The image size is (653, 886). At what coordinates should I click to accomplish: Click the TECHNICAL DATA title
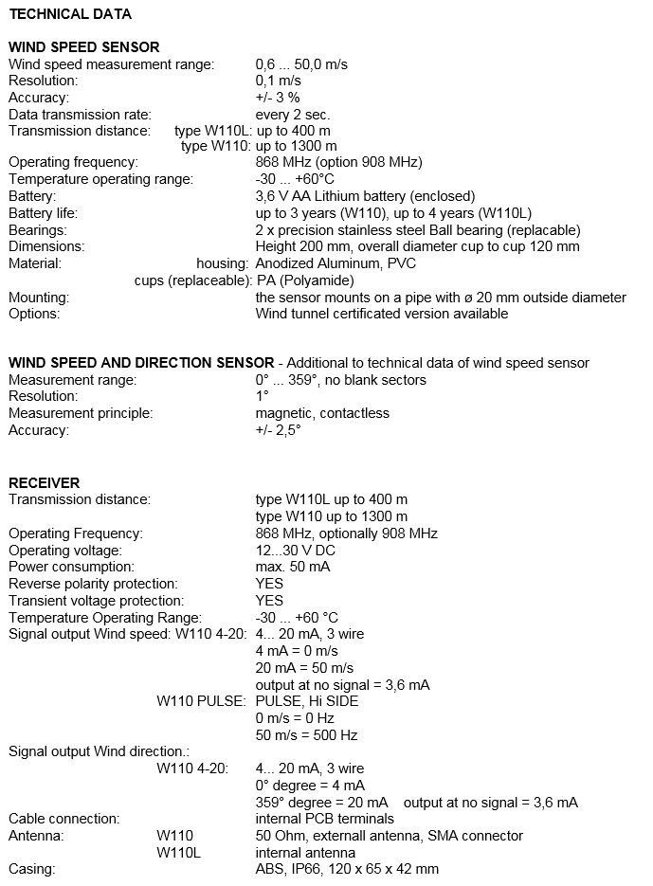click(70, 14)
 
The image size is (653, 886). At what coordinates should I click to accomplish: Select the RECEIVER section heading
click(45, 482)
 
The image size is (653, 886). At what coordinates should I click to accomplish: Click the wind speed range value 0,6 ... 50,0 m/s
click(301, 63)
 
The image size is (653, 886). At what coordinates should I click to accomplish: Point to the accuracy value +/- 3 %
click(278, 97)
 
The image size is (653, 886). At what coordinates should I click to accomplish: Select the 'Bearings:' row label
click(37, 230)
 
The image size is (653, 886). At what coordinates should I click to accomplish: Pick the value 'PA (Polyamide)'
click(305, 280)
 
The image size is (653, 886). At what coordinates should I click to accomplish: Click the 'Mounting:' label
click(39, 298)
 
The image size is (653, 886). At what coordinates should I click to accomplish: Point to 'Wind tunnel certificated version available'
click(382, 314)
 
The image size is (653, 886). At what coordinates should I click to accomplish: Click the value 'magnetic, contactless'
click(322, 413)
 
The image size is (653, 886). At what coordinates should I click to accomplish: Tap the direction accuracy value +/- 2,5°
click(278, 430)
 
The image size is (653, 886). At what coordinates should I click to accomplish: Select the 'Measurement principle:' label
click(81, 413)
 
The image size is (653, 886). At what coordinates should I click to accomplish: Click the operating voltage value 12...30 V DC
click(296, 550)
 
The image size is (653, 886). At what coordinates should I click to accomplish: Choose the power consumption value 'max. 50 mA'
click(294, 567)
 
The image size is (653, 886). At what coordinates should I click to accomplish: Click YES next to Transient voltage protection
click(269, 601)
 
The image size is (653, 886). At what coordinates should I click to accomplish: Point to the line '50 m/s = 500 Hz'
click(306, 734)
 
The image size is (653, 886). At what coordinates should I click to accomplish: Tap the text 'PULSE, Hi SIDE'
click(307, 701)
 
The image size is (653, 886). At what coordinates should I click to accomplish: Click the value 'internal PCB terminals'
click(325, 818)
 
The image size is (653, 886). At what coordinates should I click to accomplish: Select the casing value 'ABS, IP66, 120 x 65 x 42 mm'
click(347, 868)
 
